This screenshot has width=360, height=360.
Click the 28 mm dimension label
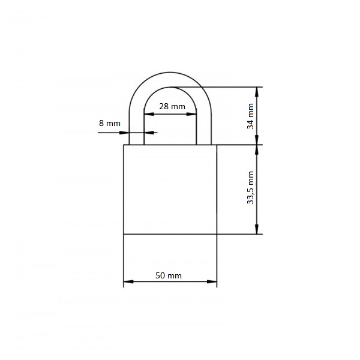(x=172, y=107)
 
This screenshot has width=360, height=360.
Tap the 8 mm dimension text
(x=110, y=123)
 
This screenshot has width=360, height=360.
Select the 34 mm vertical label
(x=250, y=116)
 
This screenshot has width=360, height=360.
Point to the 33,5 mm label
(x=250, y=188)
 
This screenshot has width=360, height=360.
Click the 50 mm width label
(x=168, y=275)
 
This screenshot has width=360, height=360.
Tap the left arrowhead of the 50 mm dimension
(x=128, y=281)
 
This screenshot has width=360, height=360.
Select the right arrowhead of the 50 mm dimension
(x=212, y=281)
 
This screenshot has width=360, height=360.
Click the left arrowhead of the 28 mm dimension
(x=149, y=114)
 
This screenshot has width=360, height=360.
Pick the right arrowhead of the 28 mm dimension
(x=191, y=114)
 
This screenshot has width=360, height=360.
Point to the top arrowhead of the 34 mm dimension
(x=257, y=92)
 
